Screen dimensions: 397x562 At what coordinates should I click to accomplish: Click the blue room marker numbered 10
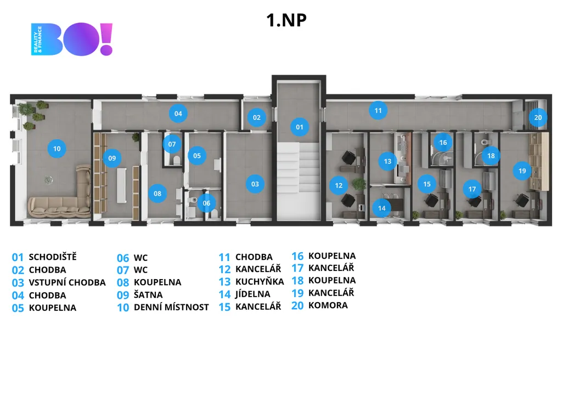(57, 148)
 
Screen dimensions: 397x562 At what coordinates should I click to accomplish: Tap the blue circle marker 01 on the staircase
(299, 127)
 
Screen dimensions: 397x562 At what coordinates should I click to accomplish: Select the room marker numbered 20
(538, 117)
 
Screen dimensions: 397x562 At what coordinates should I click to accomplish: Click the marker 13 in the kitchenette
(387, 161)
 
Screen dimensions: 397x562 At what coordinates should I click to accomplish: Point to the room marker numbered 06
(206, 203)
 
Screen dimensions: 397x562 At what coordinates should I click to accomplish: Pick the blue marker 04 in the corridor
(178, 114)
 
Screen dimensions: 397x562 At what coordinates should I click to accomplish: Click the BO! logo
(72, 39)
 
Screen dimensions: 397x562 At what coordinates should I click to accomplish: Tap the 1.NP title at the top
(286, 20)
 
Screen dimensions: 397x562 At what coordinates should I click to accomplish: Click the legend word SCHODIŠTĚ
(53, 257)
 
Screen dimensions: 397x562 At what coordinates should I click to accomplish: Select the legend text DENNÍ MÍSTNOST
(171, 308)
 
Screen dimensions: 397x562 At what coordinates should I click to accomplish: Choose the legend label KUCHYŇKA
(260, 282)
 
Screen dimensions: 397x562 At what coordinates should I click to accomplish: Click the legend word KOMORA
(328, 305)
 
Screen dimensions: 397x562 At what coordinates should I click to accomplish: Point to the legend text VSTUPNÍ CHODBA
(67, 282)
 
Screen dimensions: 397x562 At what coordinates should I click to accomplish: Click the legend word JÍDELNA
(252, 294)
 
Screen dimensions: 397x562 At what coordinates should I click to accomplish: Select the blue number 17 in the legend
(297, 268)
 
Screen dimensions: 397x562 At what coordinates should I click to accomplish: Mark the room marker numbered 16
(443, 143)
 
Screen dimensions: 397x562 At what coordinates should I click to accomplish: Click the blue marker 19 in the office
(522, 171)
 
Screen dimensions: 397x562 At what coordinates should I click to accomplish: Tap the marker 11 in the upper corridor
(378, 111)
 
